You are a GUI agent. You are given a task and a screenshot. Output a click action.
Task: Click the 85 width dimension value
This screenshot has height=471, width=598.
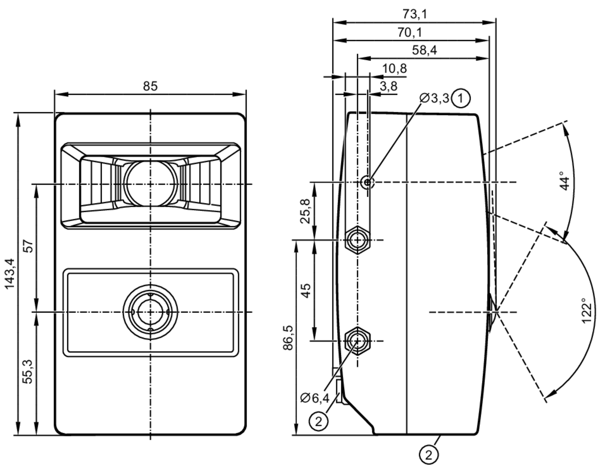pyautogui.click(x=150, y=86)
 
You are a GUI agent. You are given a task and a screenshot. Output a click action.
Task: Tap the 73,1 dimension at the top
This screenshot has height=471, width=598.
pyautogui.click(x=415, y=14)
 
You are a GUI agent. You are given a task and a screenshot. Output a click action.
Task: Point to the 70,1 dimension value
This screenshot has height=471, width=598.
pyautogui.click(x=410, y=32)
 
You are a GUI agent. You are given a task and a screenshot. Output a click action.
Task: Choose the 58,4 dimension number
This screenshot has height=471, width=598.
pyautogui.click(x=424, y=50)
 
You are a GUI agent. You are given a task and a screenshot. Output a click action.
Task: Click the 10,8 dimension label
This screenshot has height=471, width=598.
pyautogui.click(x=394, y=69)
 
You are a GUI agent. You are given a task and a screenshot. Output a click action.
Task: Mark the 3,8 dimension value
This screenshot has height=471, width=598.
pyautogui.click(x=389, y=87)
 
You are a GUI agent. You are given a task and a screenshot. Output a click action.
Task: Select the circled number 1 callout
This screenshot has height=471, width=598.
pyautogui.click(x=460, y=98)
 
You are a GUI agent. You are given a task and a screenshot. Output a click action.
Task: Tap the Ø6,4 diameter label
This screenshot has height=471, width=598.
pyautogui.click(x=315, y=398)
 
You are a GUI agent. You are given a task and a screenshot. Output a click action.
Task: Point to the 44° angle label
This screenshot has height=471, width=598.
pyautogui.click(x=565, y=180)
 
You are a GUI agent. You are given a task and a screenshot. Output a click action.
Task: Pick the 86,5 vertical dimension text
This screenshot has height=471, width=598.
pyautogui.click(x=288, y=338)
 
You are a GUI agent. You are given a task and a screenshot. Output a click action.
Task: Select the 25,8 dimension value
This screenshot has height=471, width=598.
pyautogui.click(x=306, y=211)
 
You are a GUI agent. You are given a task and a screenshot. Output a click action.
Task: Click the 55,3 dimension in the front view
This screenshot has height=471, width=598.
pyautogui.click(x=28, y=371)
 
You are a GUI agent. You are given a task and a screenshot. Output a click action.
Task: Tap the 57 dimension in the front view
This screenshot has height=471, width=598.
pyautogui.click(x=28, y=246)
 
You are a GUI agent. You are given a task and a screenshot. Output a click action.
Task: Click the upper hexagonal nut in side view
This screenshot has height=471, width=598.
pyautogui.click(x=357, y=240)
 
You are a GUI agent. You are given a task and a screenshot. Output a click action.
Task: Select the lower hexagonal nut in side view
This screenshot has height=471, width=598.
pyautogui.click(x=357, y=341)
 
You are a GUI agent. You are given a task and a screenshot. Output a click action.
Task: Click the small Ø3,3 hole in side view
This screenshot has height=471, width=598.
pyautogui.click(x=367, y=182)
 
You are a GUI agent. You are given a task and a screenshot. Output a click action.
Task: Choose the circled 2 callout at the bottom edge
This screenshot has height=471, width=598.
pyautogui.click(x=429, y=455)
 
